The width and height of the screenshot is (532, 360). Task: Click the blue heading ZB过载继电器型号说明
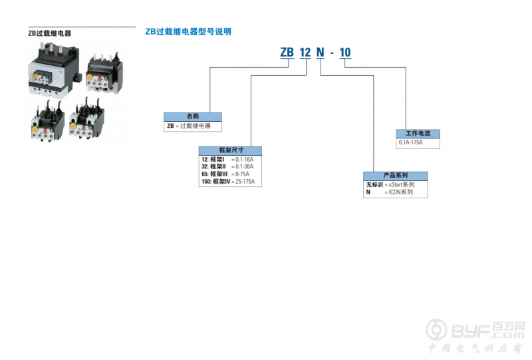(188, 31)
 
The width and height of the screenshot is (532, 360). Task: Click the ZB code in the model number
(287, 53)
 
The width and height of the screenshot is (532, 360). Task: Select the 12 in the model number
(305, 53)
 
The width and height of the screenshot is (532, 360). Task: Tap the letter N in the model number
(321, 53)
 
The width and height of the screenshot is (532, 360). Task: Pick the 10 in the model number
(345, 53)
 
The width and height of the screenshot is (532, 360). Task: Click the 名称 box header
(193, 116)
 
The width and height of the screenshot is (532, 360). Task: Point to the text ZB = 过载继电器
(189, 126)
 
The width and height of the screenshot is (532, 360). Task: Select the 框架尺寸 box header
(230, 150)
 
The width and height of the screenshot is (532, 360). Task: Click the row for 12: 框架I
(227, 159)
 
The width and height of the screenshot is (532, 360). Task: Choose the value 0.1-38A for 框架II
(244, 166)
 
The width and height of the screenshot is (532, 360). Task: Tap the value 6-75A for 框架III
(242, 174)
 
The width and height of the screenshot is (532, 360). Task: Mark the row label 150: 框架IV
(215, 182)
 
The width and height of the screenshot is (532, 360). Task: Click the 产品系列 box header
(395, 176)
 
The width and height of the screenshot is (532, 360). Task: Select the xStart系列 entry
(402, 184)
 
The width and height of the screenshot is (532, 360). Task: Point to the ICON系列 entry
(401, 192)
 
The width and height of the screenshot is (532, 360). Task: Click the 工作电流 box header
(418, 134)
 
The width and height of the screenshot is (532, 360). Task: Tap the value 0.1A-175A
(410, 142)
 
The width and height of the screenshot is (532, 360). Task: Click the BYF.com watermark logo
(475, 330)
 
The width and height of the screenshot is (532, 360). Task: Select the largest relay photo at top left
(55, 71)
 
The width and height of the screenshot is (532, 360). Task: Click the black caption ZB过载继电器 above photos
(49, 33)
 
